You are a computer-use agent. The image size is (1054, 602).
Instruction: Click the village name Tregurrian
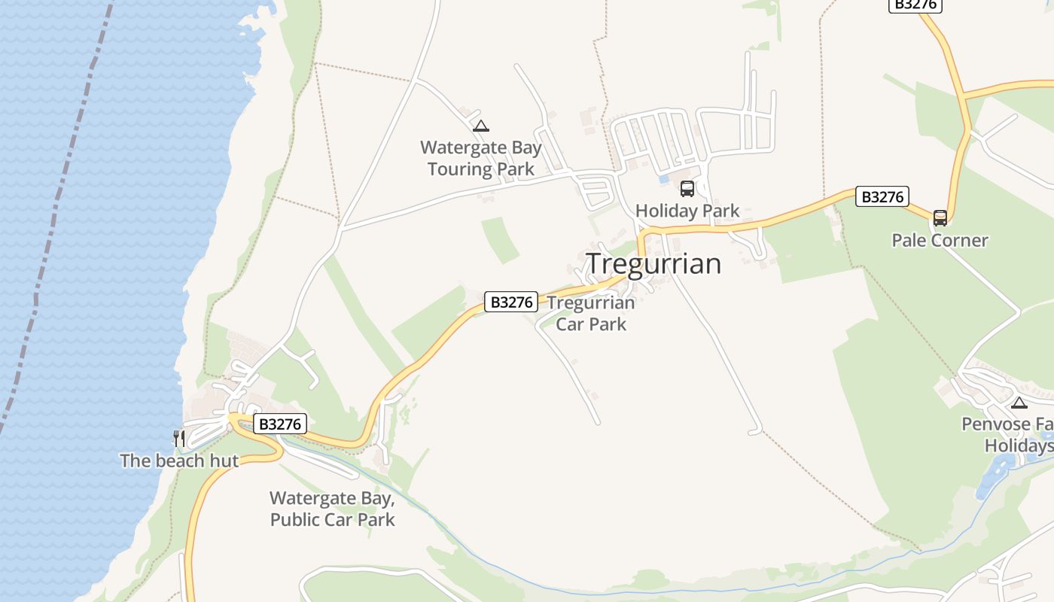tap(653, 263)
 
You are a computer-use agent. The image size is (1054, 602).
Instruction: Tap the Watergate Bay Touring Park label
tap(481, 158)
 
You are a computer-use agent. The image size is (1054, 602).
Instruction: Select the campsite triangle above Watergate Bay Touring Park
tap(481, 126)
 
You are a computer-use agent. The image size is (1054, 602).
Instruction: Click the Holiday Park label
tap(687, 211)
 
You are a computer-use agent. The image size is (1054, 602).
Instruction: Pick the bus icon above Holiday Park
tap(687, 189)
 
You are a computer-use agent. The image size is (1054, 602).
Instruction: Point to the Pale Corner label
tap(940, 240)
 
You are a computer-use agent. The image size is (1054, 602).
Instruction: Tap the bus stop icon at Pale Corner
tap(940, 218)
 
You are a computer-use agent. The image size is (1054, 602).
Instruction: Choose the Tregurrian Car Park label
tap(591, 313)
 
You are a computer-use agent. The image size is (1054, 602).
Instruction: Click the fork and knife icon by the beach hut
tap(178, 438)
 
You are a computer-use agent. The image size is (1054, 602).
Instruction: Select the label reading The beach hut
tap(179, 461)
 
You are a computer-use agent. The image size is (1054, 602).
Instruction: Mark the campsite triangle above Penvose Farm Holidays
tap(1019, 403)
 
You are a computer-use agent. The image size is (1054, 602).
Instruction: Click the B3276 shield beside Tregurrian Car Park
tap(511, 303)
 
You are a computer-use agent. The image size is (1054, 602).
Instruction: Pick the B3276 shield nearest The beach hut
tap(279, 424)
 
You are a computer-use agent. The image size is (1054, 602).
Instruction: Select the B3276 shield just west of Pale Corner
tap(882, 197)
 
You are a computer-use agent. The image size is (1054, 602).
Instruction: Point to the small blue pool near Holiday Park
tap(663, 180)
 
